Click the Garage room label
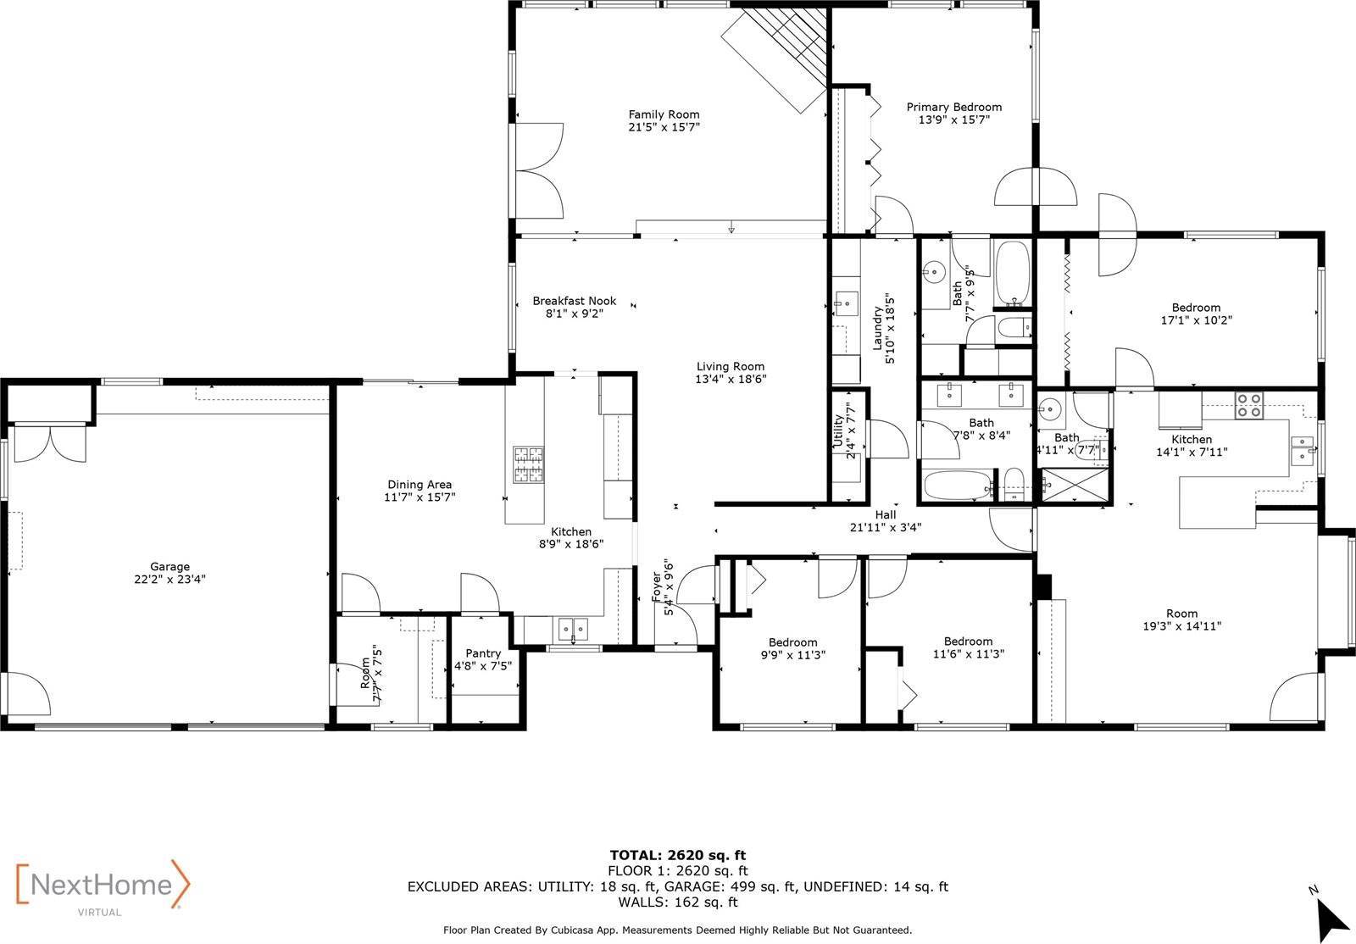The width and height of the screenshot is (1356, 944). point(169,567)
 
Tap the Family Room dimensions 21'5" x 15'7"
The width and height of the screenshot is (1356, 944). point(664,127)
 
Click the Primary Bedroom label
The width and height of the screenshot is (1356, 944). point(953,107)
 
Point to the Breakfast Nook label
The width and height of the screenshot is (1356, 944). point(574,301)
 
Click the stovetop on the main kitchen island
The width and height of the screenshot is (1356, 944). point(526,465)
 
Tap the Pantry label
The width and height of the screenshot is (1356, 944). point(483,653)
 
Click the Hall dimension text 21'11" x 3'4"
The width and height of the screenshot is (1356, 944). point(885,527)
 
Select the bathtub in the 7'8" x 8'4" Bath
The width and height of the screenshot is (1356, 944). point(957,486)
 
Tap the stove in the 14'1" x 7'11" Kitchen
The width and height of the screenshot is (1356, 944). point(1247,406)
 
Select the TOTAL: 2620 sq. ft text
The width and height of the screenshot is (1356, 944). point(677,855)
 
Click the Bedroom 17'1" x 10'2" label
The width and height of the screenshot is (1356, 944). point(1196,308)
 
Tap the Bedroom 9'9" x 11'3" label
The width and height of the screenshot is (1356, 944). point(792,642)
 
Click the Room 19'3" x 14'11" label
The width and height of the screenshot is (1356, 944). point(1181,614)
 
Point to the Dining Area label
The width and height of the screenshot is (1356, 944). point(420,485)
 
